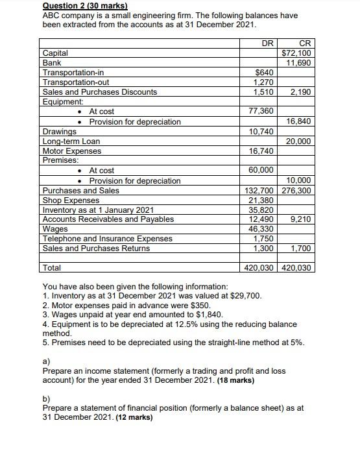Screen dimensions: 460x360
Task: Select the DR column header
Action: (x=267, y=42)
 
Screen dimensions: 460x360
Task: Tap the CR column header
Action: (x=304, y=42)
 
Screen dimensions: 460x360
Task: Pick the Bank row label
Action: (x=52, y=62)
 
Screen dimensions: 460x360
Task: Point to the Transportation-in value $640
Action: (x=265, y=73)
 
